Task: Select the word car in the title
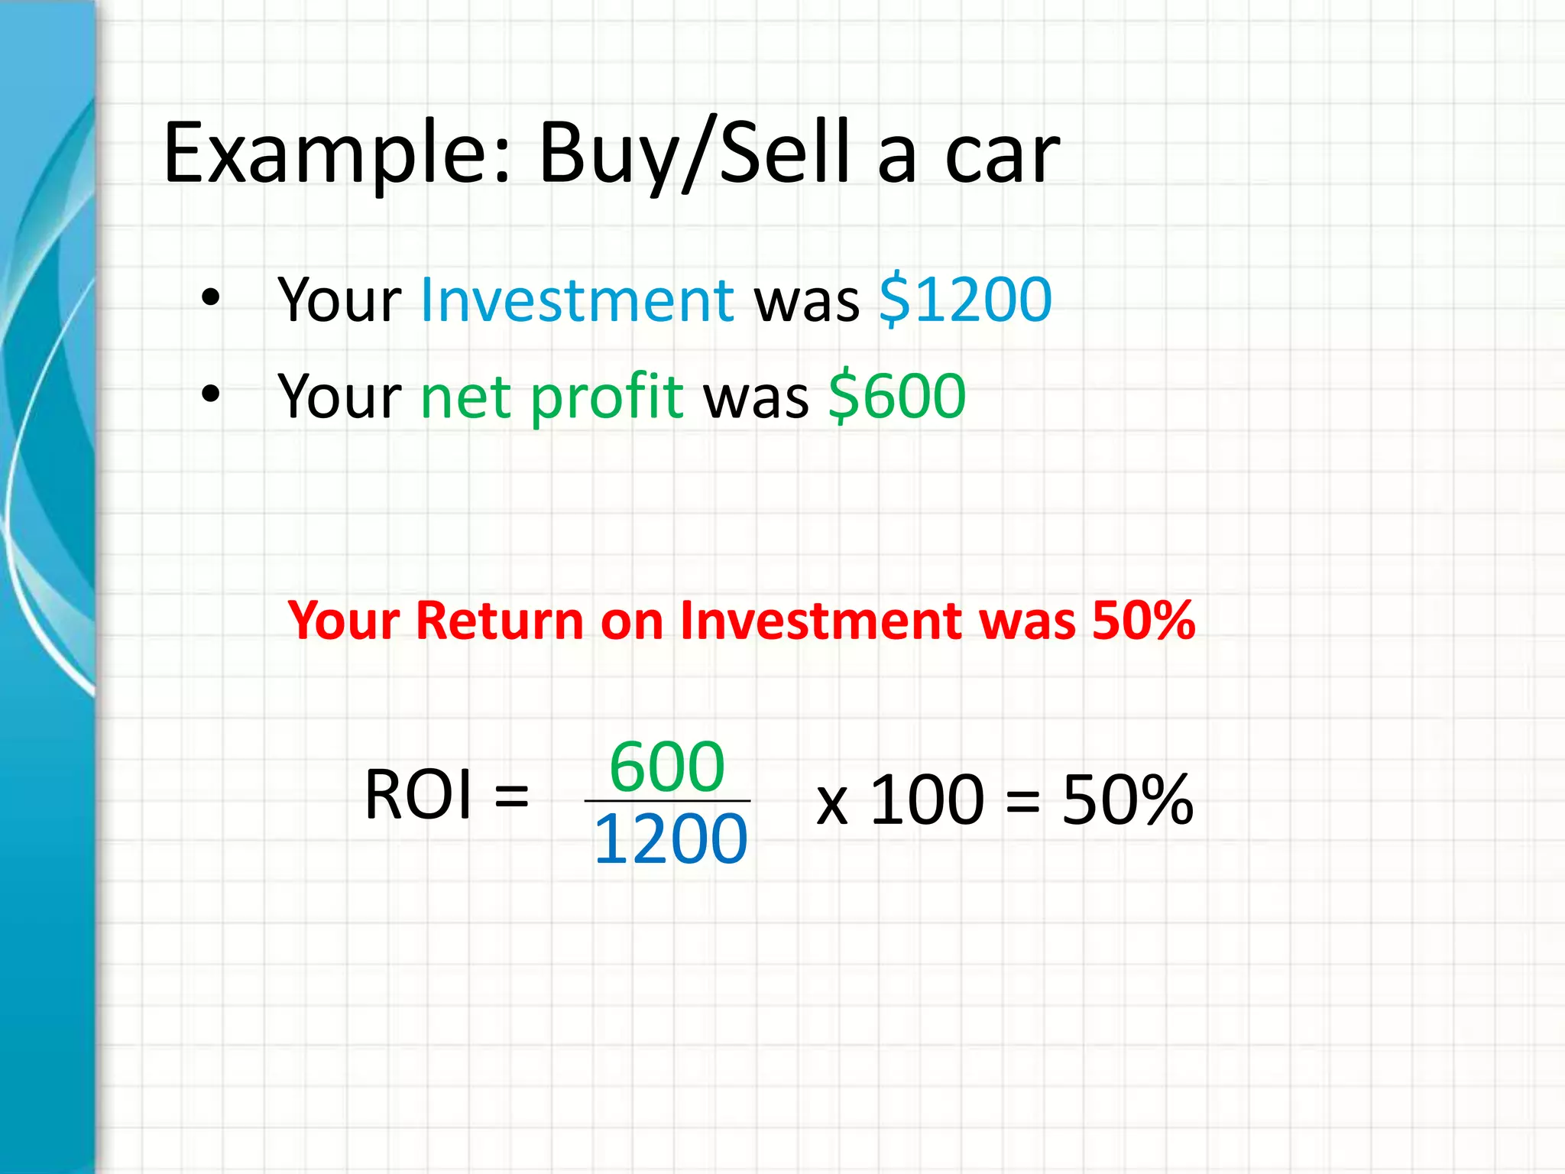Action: pos(1002,157)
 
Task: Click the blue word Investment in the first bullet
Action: pos(577,300)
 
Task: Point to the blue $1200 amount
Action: pos(965,300)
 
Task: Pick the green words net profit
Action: pos(552,397)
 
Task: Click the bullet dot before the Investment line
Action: pos(211,298)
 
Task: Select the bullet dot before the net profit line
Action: pos(211,394)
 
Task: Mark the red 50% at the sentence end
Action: pos(1143,620)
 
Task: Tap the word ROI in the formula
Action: pos(418,795)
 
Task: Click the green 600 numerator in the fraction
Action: pos(667,767)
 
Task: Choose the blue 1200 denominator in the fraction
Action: pos(670,839)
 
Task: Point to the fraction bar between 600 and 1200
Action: pos(667,801)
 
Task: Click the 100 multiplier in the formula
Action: pos(927,799)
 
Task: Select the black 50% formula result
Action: pos(1127,799)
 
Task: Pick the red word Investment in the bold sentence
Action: pos(820,620)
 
